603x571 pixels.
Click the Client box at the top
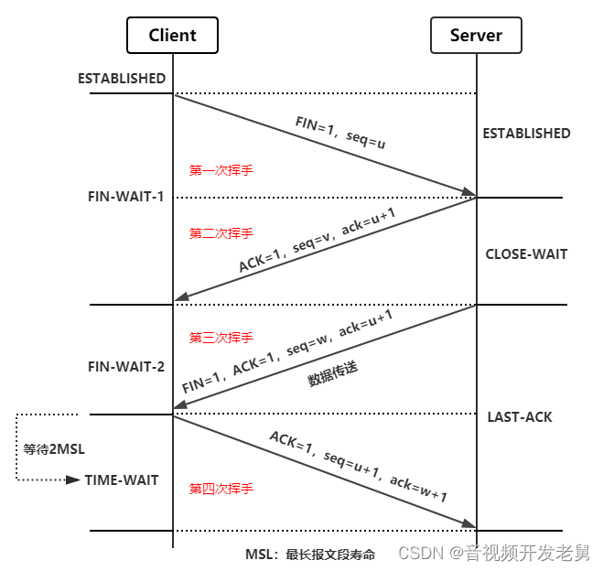pos(173,36)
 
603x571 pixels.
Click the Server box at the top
pos(476,36)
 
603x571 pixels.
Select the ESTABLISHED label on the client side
pos(122,79)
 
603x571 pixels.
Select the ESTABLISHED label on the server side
pos(526,134)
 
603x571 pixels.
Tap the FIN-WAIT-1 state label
pos(126,197)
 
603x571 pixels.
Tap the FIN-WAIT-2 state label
pos(126,367)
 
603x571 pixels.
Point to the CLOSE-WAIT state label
pos(526,254)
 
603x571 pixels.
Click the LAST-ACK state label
pos(520,417)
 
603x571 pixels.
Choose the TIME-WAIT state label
pos(122,479)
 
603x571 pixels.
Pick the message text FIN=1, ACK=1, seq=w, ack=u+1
pos(287,350)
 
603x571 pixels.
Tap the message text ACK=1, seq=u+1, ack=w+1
pos(358,466)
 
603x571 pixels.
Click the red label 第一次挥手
pos(221,170)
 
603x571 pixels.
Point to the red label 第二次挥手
pos(221,233)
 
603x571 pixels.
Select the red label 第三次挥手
pos(221,338)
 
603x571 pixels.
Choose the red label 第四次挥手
pos(221,489)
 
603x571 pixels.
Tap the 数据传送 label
pos(331,373)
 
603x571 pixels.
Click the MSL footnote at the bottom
pos(310,555)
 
